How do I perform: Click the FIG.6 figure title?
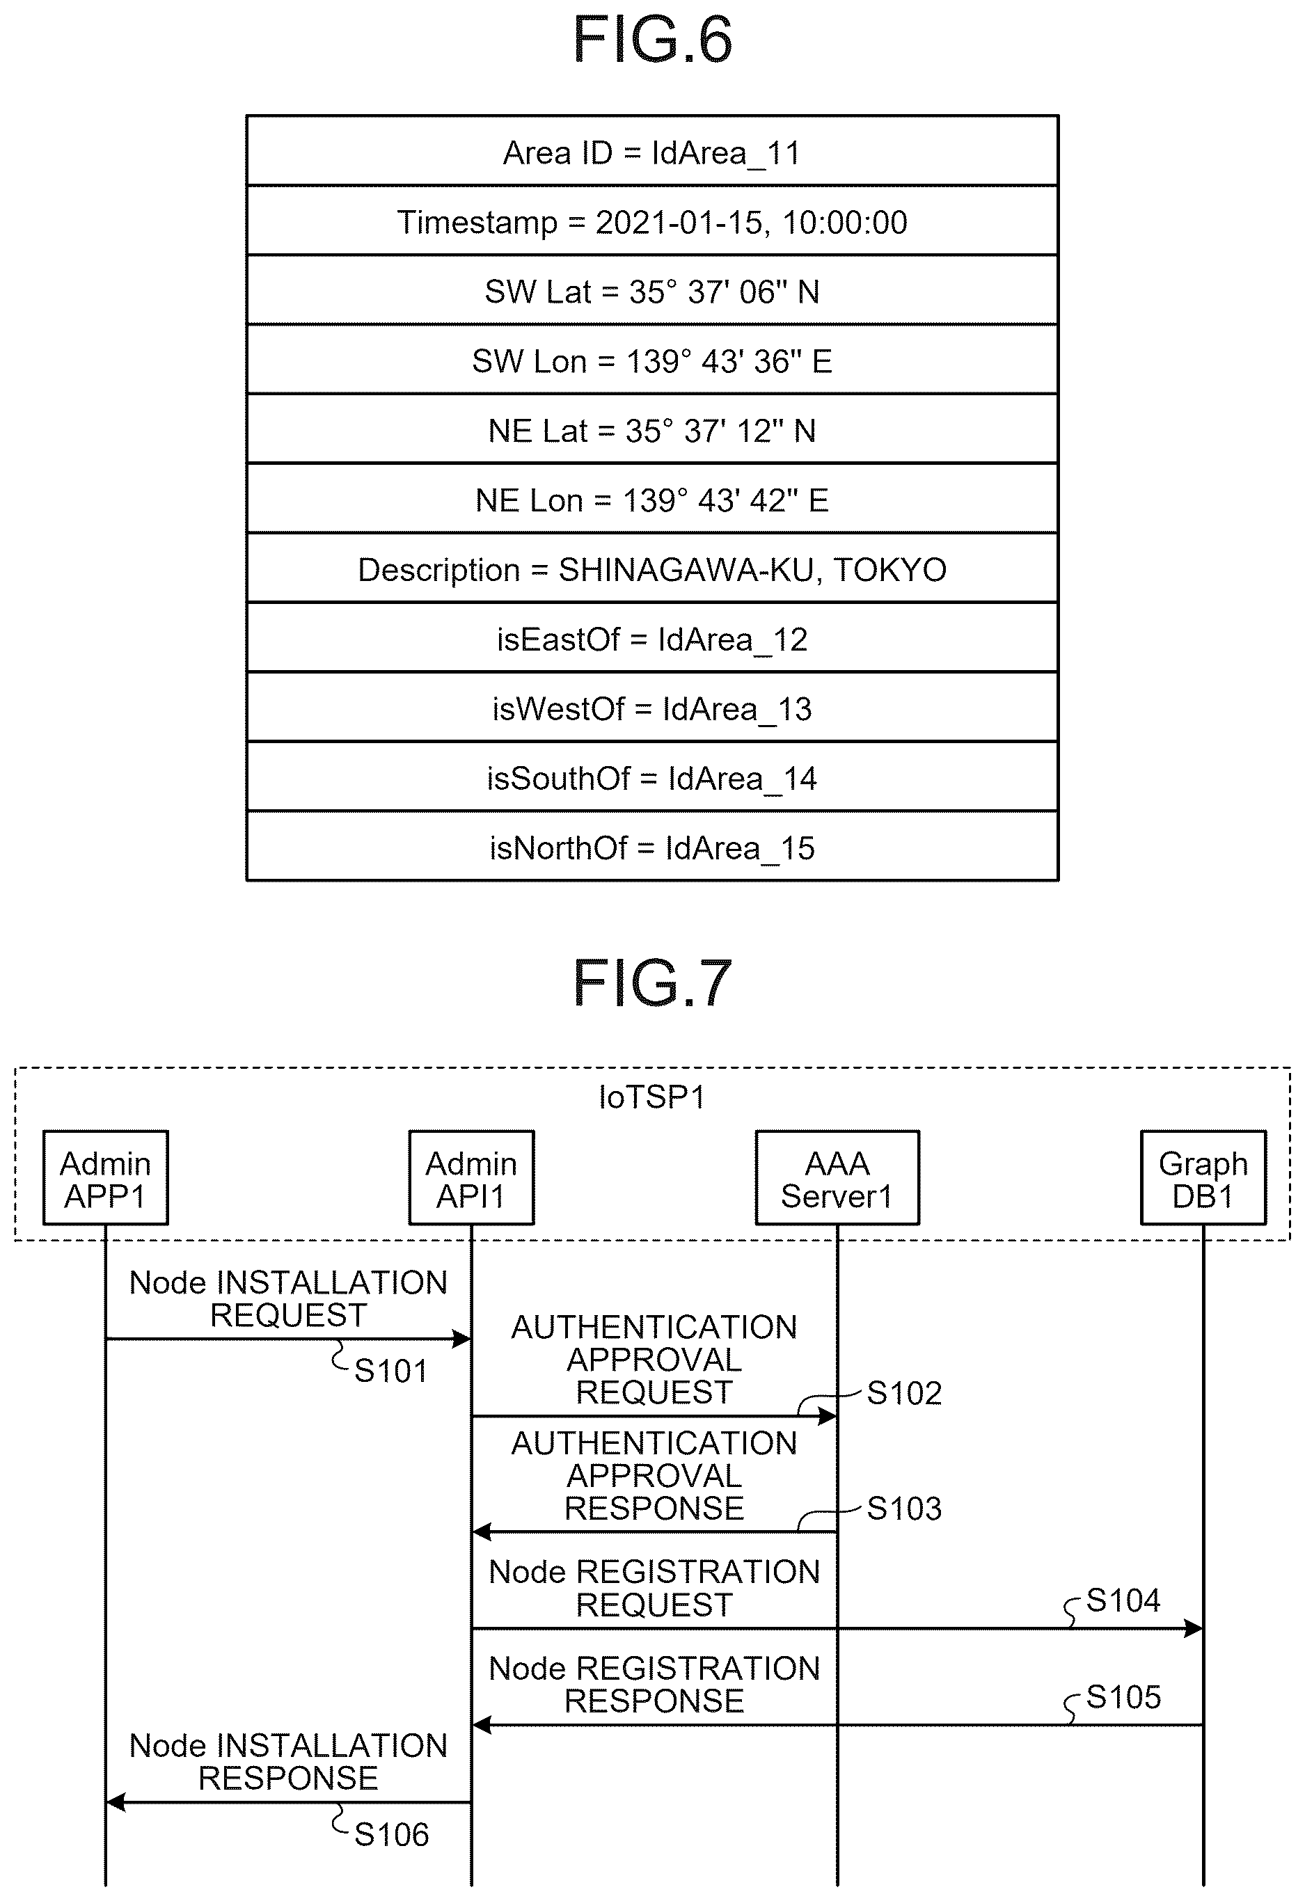point(652,40)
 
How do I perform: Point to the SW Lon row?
point(652,360)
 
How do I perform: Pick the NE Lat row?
point(652,429)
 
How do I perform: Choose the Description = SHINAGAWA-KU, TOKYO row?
point(652,568)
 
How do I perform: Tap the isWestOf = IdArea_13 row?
point(652,708)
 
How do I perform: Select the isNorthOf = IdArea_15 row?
point(652,847)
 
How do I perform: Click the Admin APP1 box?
point(106,1178)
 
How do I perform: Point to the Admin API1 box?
point(471,1178)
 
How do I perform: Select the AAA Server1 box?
point(837,1178)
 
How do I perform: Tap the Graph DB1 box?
point(1203,1178)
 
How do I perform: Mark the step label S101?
point(390,1371)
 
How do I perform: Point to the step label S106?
point(391,1836)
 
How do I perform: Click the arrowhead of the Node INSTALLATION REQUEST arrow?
point(462,1339)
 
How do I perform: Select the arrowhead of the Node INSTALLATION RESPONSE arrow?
point(116,1802)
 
